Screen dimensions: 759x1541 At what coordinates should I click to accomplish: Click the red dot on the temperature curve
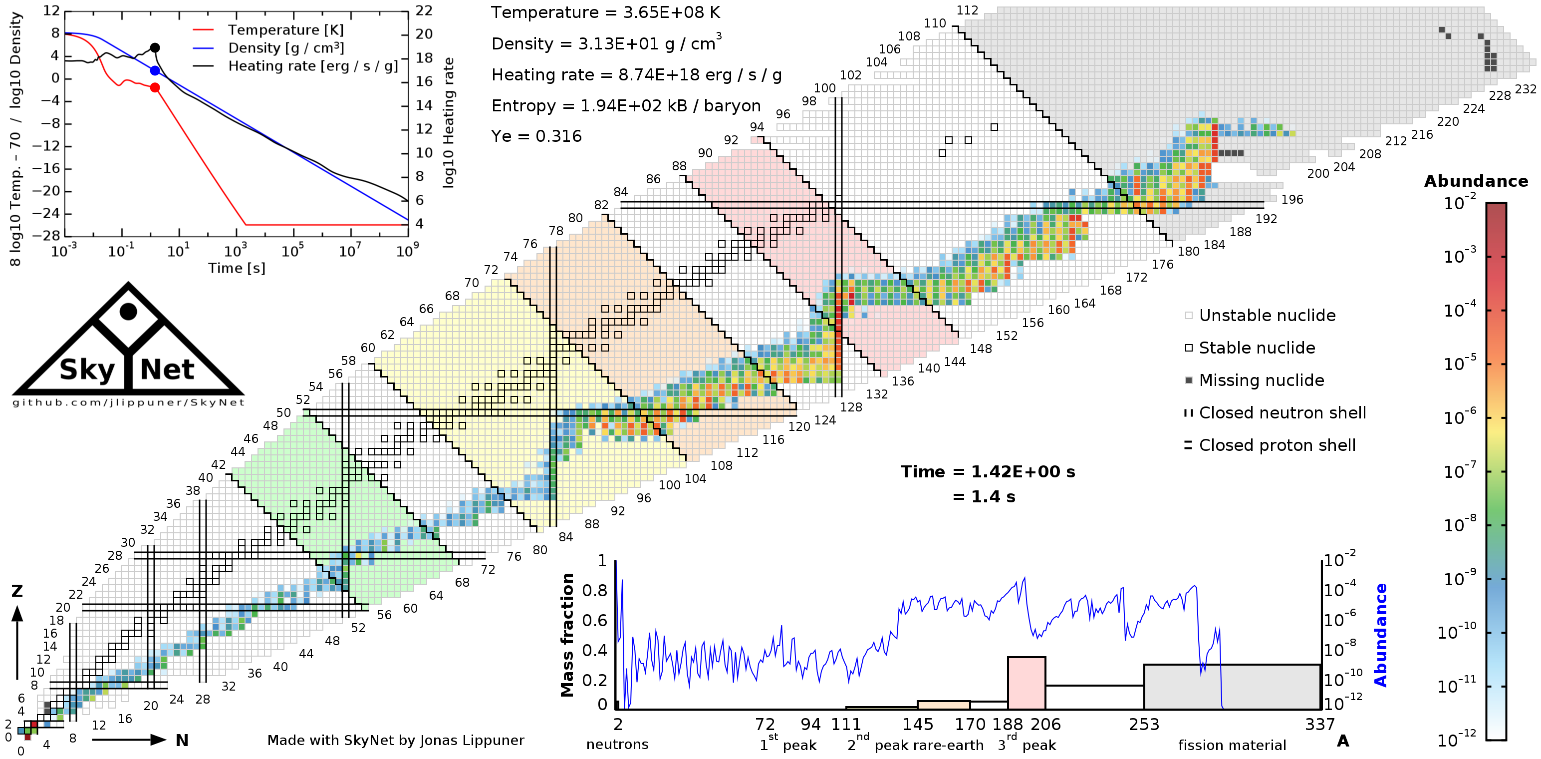[155, 87]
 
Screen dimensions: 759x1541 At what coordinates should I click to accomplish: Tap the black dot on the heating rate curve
[155, 48]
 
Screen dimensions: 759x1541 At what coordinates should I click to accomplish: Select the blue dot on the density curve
[155, 70]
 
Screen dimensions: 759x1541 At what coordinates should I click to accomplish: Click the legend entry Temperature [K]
[285, 30]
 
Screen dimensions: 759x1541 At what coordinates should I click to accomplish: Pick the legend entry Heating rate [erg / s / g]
[312, 66]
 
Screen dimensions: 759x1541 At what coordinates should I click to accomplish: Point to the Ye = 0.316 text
[536, 136]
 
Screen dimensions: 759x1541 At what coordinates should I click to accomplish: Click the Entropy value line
[626, 106]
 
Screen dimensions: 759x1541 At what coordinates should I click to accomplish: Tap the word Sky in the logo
[87, 370]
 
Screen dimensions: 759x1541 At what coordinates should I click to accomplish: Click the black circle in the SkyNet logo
[128, 311]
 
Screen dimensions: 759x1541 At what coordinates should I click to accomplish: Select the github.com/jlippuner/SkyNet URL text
[128, 402]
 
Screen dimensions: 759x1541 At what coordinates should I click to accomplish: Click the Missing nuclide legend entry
[1261, 380]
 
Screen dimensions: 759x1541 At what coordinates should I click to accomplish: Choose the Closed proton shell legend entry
[1277, 445]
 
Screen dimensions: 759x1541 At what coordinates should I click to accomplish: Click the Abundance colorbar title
[1476, 181]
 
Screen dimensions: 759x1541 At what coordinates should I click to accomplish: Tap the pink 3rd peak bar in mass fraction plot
[1026, 684]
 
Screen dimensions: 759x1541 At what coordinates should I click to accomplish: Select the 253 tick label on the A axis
[1144, 725]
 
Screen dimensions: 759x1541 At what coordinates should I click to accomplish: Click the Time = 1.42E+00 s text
[988, 472]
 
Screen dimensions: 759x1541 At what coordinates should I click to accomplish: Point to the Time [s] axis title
[237, 268]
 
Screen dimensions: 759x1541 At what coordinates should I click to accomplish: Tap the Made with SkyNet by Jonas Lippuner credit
[395, 741]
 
